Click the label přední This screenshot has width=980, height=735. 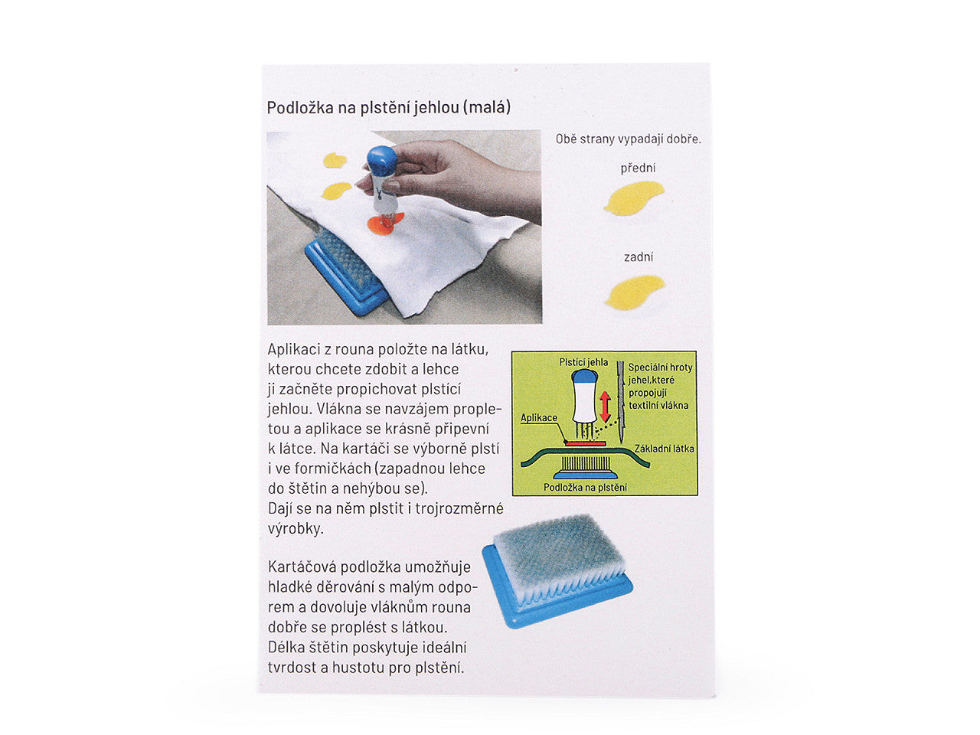638,168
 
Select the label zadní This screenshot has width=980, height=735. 638,257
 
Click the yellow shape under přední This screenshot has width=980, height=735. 633,198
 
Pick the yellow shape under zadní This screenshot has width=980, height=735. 634,292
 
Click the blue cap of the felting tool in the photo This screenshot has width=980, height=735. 382,161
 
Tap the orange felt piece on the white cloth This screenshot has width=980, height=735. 384,223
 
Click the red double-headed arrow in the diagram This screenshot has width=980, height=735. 605,406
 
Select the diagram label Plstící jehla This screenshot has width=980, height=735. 583,362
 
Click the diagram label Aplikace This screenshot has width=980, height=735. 539,418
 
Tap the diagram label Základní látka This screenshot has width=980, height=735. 665,449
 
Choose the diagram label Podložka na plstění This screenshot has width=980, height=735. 585,488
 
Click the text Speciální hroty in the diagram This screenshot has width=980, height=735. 660,367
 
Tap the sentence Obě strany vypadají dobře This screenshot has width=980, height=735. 628,139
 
